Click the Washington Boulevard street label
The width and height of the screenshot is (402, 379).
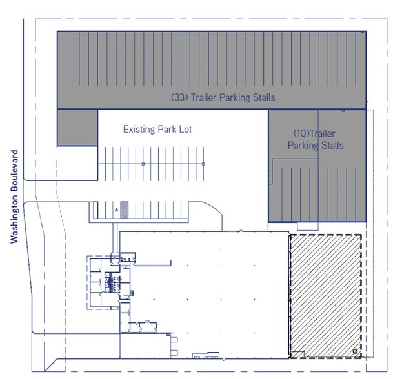pyautogui.click(x=14, y=197)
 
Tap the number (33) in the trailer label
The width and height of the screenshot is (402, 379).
pyautogui.click(x=179, y=97)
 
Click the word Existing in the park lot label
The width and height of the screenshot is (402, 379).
pyautogui.click(x=139, y=130)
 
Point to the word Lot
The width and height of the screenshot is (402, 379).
pyautogui.click(x=185, y=130)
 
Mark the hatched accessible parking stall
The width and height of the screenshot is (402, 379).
pyautogui.click(x=125, y=209)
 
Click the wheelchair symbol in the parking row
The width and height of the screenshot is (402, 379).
pyautogui.click(x=117, y=210)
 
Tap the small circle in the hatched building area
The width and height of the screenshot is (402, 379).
pyautogui.click(x=355, y=351)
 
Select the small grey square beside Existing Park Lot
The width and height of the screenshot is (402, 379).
pyautogui.click(x=77, y=128)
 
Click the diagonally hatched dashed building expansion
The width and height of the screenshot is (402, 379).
pyautogui.click(x=325, y=296)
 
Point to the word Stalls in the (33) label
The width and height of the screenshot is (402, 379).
pyautogui.click(x=264, y=97)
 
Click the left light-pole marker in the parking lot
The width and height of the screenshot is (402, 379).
pyautogui.click(x=143, y=164)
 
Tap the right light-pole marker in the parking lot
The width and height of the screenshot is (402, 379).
pyautogui.click(x=203, y=164)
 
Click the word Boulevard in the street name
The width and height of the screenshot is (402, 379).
pyautogui.click(x=14, y=171)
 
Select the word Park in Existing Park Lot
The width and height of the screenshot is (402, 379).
pyautogui.click(x=166, y=130)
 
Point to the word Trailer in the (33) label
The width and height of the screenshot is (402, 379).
pyautogui.click(x=204, y=97)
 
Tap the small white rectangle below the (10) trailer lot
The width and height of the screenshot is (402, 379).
pyautogui.click(x=308, y=227)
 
